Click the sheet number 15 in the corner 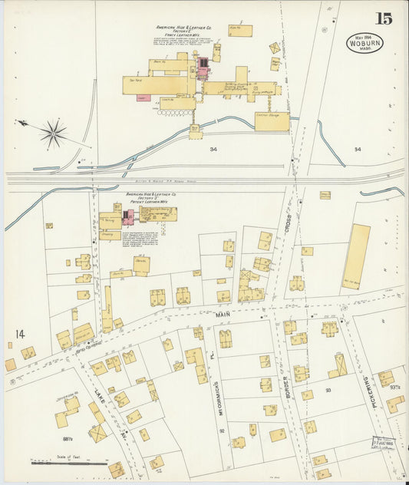[x=383, y=18]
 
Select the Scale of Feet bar [x=69, y=463]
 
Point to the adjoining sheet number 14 [x=19, y=334]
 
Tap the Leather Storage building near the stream [x=272, y=121]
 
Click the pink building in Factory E [x=203, y=68]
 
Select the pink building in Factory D [x=127, y=216]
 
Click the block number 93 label [x=328, y=391]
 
